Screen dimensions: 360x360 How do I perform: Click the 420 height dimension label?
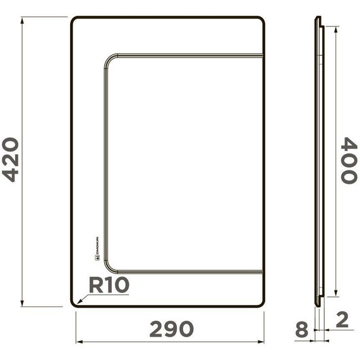11,160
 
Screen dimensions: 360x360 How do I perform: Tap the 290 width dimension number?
171,329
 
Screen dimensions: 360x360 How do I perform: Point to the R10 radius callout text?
108,285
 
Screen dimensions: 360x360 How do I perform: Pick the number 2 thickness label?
342,320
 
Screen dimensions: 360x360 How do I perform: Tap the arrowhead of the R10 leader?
74,304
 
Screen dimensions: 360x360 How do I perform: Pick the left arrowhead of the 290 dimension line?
78,342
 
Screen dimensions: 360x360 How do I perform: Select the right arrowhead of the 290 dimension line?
262,342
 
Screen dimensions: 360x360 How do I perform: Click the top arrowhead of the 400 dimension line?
335,29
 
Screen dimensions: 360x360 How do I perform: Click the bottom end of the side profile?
318,306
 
